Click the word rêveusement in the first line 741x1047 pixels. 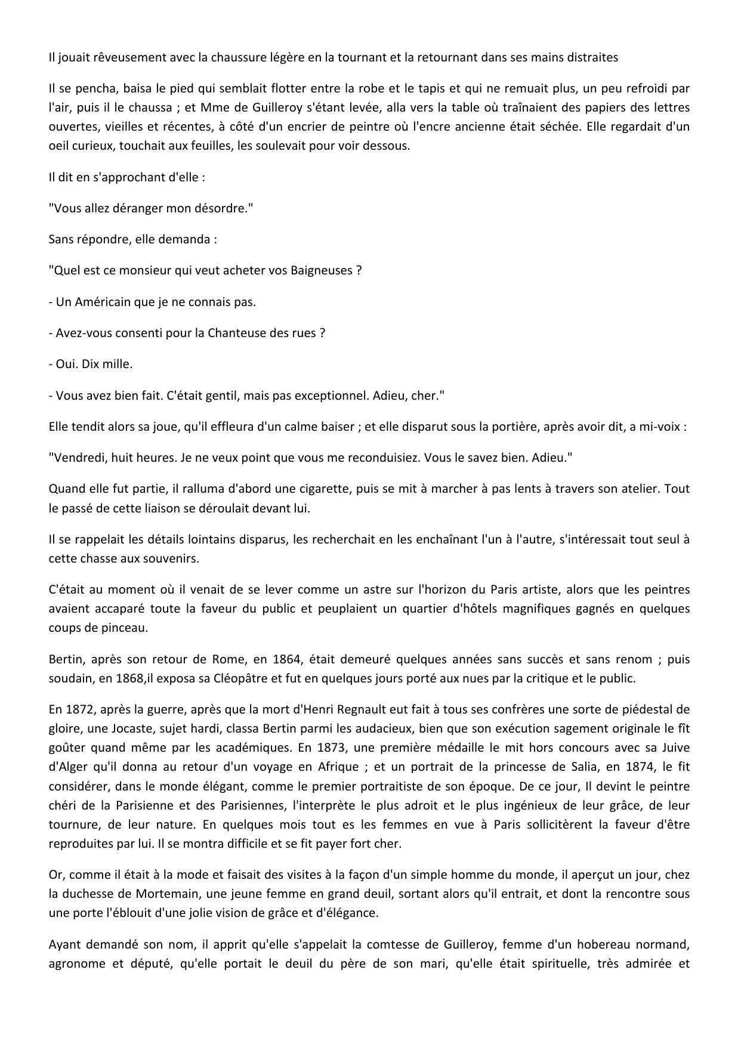[112, 58]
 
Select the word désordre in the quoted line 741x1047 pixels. [221, 209]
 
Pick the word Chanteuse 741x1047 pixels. [234, 333]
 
